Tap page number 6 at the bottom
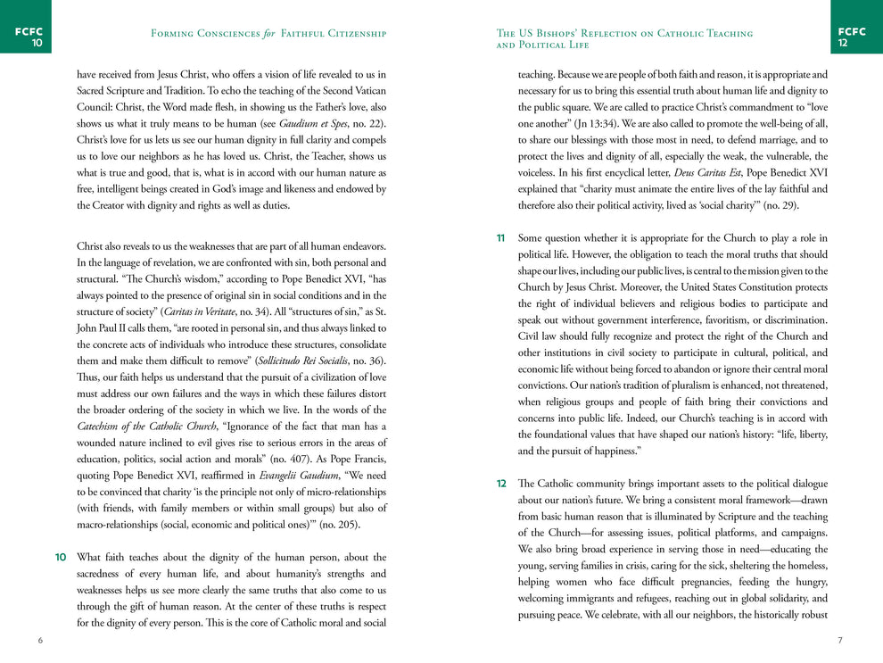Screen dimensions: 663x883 pos(39,641)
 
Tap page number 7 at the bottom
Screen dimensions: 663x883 pos(840,641)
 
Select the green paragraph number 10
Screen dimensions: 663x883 pos(61,558)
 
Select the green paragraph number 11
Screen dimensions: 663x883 pos(501,238)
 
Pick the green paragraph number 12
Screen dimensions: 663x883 pos(501,484)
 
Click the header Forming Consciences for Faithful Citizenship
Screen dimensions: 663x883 pos(268,34)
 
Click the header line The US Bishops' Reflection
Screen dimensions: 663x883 pos(624,34)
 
